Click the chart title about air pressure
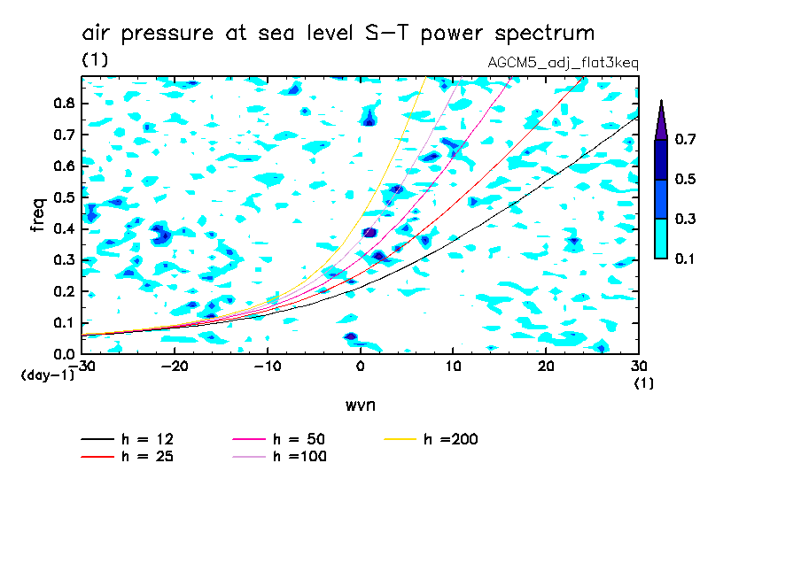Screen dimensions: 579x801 tap(338, 34)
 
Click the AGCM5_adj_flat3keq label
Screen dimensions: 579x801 tap(563, 63)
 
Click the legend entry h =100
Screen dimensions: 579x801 tap(299, 457)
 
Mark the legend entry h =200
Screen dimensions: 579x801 tap(451, 439)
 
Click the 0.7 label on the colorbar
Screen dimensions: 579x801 tap(685, 139)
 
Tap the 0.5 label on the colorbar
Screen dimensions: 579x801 tap(685, 179)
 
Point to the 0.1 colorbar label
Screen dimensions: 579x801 tap(685, 259)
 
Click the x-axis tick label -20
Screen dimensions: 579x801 tap(175, 367)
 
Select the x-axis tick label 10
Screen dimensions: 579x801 tap(453, 367)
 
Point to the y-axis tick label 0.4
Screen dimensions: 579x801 tap(63, 228)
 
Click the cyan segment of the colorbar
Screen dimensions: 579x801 tap(661, 238)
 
